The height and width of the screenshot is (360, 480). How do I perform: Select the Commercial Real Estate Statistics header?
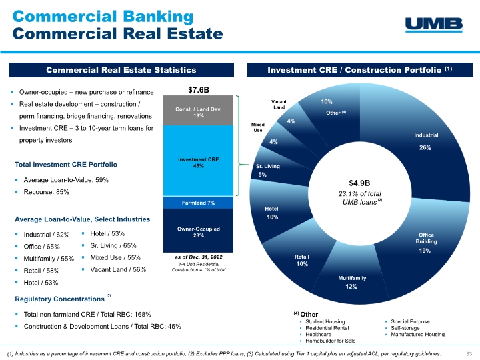121,69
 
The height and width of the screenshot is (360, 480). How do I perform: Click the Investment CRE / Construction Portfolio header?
360,69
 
